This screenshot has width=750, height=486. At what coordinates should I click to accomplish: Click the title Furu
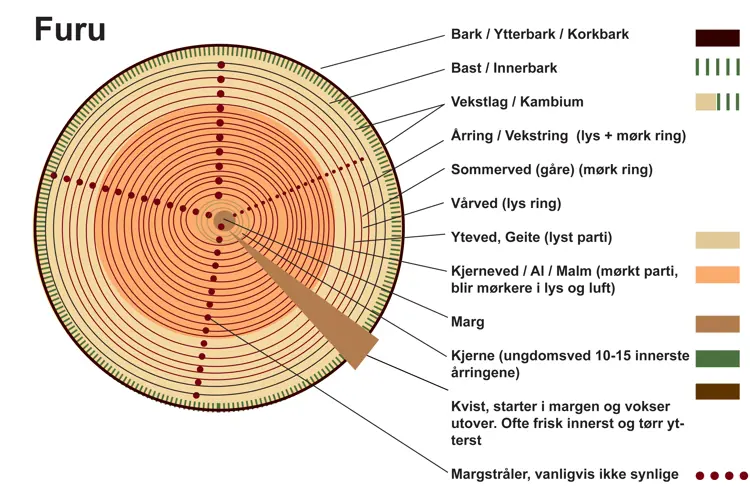[69, 30]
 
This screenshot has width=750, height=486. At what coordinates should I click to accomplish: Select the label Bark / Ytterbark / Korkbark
[539, 34]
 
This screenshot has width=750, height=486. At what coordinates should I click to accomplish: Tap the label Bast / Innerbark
[503, 68]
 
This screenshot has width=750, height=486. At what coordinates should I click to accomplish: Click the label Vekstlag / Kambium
[516, 102]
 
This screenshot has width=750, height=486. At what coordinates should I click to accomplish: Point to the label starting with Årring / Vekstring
[567, 136]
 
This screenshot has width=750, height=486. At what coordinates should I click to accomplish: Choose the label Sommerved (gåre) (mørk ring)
[551, 169]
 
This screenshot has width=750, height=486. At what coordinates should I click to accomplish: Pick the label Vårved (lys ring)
[505, 203]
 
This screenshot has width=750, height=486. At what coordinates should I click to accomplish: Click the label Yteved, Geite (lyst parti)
[531, 237]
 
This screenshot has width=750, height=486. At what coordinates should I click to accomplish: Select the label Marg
[468, 322]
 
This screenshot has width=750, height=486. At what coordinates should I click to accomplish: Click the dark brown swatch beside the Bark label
[717, 38]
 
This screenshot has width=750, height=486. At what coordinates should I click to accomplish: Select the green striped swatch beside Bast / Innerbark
[717, 68]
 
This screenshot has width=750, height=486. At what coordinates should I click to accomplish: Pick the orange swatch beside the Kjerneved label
[717, 274]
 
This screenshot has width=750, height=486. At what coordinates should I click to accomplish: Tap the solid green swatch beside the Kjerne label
[717, 358]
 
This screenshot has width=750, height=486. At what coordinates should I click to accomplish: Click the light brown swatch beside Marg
[717, 324]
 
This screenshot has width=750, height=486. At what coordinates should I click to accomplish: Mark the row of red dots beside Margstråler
[720, 476]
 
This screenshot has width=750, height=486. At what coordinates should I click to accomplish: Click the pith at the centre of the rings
[223, 220]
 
